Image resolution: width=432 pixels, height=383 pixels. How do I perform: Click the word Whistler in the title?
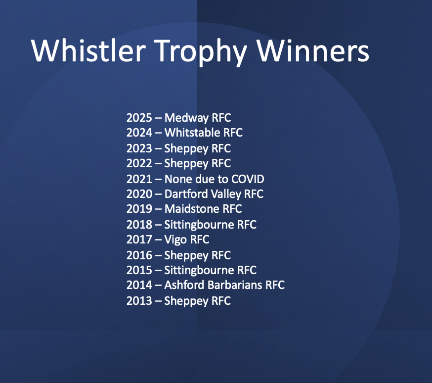point(88,51)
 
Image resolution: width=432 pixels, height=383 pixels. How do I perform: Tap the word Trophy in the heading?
point(200,52)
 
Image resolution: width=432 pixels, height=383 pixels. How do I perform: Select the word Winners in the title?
point(313,51)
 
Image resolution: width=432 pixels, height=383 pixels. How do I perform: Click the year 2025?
point(139,118)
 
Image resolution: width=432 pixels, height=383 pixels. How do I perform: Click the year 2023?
point(139,148)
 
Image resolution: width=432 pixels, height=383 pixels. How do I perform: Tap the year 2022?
point(139,163)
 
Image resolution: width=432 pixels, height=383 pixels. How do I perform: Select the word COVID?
point(248,179)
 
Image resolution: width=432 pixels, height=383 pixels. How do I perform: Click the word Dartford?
point(186,194)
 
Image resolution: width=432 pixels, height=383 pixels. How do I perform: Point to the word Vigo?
point(175,240)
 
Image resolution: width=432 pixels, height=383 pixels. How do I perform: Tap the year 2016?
point(139,255)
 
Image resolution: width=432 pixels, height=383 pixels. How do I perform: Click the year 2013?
point(139,300)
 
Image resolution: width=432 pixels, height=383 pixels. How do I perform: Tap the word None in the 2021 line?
point(178,179)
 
